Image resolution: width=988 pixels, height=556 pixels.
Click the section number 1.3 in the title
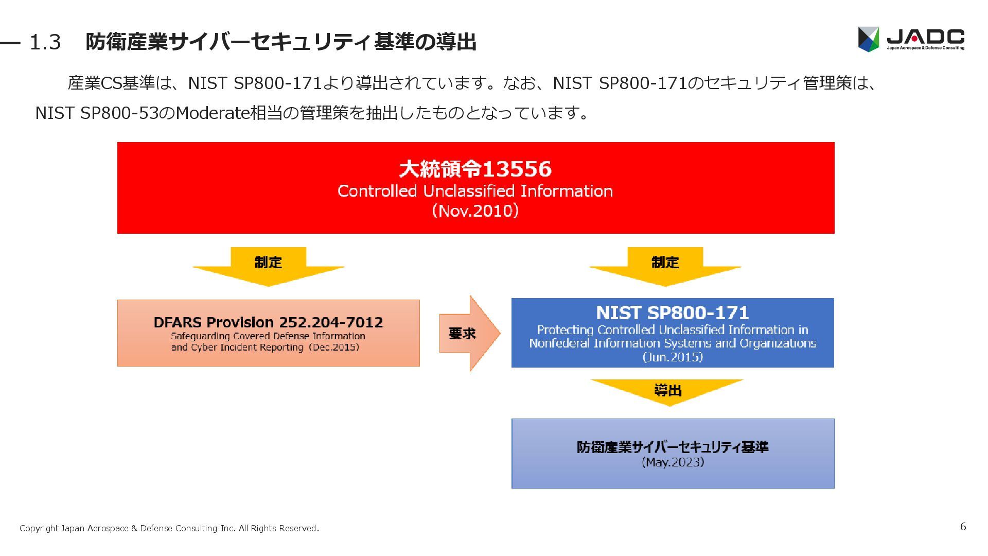(45, 42)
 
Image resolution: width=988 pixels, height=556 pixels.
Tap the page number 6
(963, 526)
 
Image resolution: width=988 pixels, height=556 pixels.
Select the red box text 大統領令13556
(475, 169)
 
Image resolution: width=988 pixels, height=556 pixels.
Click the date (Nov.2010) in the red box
(475, 211)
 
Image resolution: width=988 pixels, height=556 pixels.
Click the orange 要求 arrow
(466, 334)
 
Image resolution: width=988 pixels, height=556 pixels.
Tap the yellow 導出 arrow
(667, 391)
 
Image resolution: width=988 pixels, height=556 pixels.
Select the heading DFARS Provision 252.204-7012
(268, 322)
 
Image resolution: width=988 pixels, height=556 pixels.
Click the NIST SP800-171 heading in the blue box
(672, 312)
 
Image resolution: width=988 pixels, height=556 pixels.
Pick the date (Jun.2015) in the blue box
(672, 357)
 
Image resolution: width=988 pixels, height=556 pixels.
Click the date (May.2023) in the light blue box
(672, 462)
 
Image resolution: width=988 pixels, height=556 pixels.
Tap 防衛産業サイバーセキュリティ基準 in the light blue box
(672, 447)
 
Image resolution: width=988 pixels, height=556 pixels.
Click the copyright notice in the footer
(169, 528)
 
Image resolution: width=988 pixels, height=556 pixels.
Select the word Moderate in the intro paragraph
(212, 113)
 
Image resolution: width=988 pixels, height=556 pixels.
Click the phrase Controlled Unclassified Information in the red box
(475, 191)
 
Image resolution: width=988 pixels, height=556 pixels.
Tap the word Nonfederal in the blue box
(559, 343)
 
